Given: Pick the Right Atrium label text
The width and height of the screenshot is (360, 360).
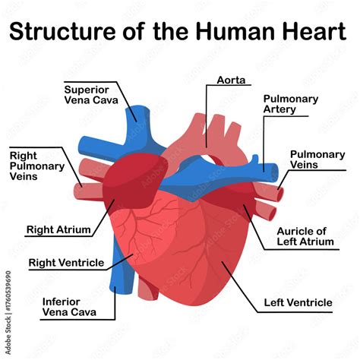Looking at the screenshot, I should coord(58,229).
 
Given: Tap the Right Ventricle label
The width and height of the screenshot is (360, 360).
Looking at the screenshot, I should coord(66,263).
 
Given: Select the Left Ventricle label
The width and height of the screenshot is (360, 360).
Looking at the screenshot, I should coord(298,303).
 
